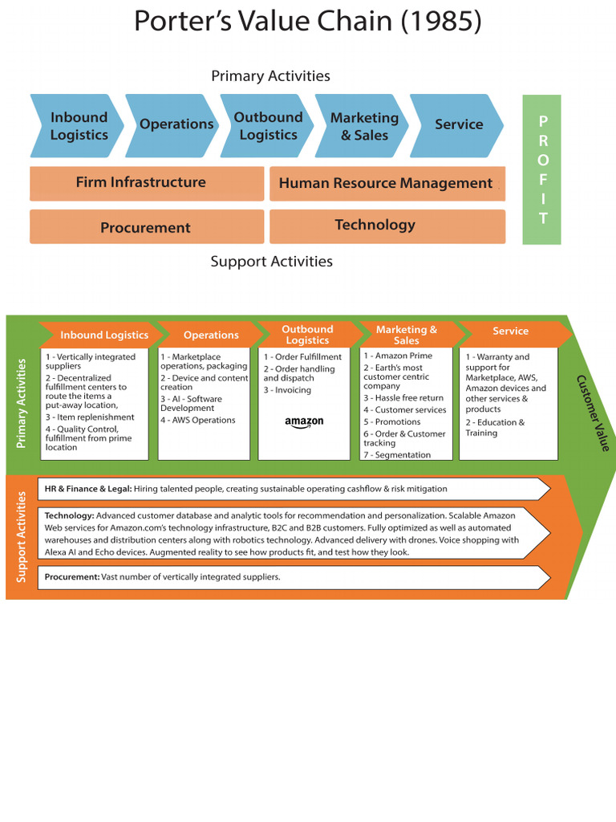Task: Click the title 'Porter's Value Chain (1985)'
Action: (308, 22)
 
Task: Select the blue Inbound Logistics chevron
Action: (78, 126)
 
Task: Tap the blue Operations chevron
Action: (175, 125)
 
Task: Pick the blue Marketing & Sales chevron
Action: (363, 126)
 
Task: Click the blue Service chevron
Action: (458, 125)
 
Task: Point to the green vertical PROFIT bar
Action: (542, 169)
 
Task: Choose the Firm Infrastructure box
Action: (146, 183)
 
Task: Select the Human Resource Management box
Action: (387, 184)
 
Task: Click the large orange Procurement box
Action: (146, 227)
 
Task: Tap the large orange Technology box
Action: (387, 226)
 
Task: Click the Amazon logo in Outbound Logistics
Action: (304, 423)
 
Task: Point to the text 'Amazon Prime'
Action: (403, 356)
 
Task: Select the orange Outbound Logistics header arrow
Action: (307, 335)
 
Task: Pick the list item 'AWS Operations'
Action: (198, 420)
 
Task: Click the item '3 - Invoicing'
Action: (287, 390)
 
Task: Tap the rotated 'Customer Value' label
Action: (593, 412)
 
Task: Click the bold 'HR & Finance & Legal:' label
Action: (87, 489)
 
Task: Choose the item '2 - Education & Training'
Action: (495, 428)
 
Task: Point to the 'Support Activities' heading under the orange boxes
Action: (271, 262)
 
